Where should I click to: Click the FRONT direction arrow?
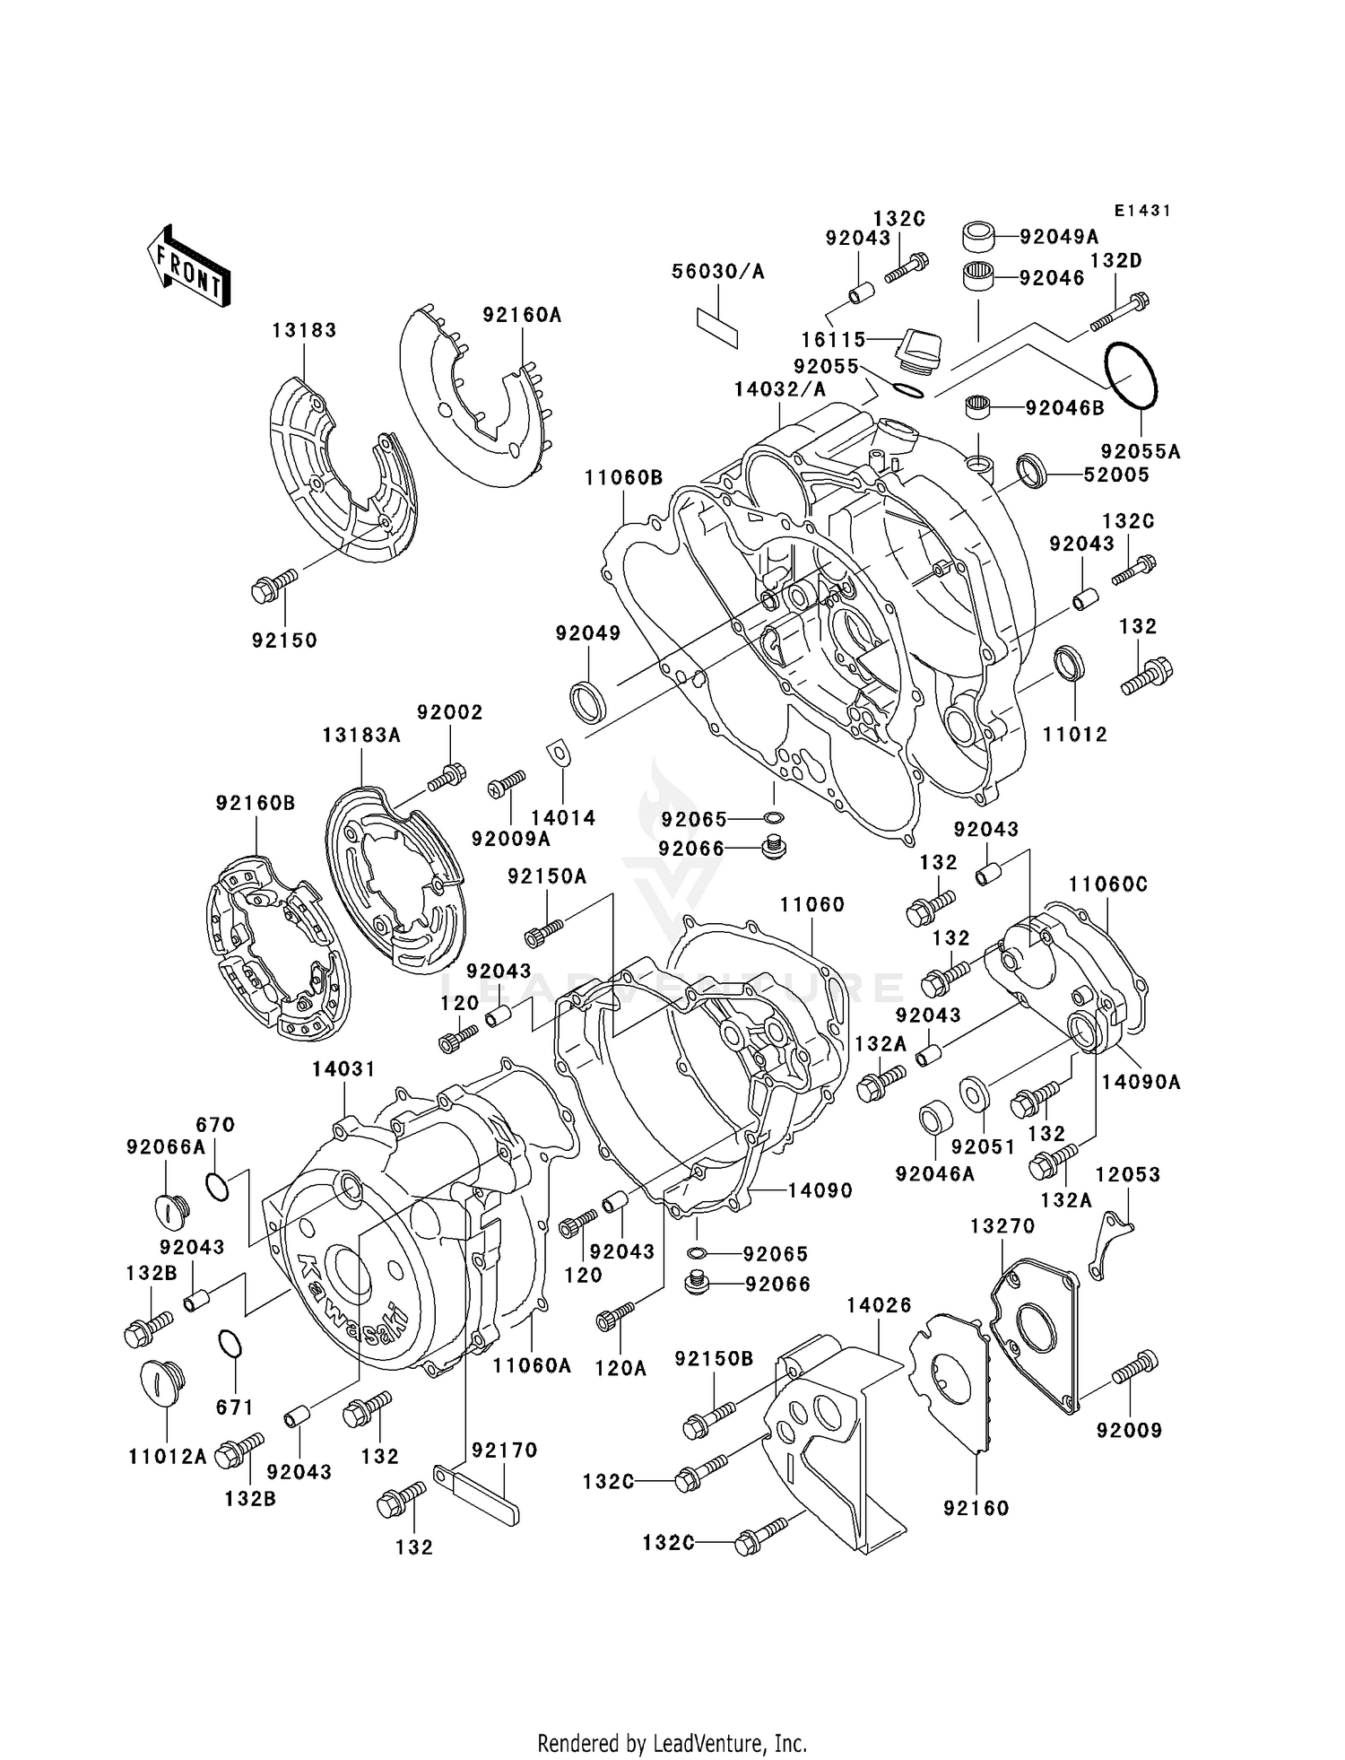(x=188, y=266)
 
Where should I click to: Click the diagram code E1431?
(x=1142, y=211)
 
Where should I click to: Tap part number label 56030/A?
(x=718, y=272)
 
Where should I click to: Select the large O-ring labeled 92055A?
(x=1132, y=376)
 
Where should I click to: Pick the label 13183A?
(x=361, y=736)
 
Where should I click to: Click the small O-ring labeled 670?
(x=216, y=1187)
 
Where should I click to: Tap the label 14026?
(x=879, y=1305)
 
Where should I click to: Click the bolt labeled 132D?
(x=1120, y=310)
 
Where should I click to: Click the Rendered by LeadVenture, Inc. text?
(x=672, y=1743)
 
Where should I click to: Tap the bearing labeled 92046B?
(x=981, y=408)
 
